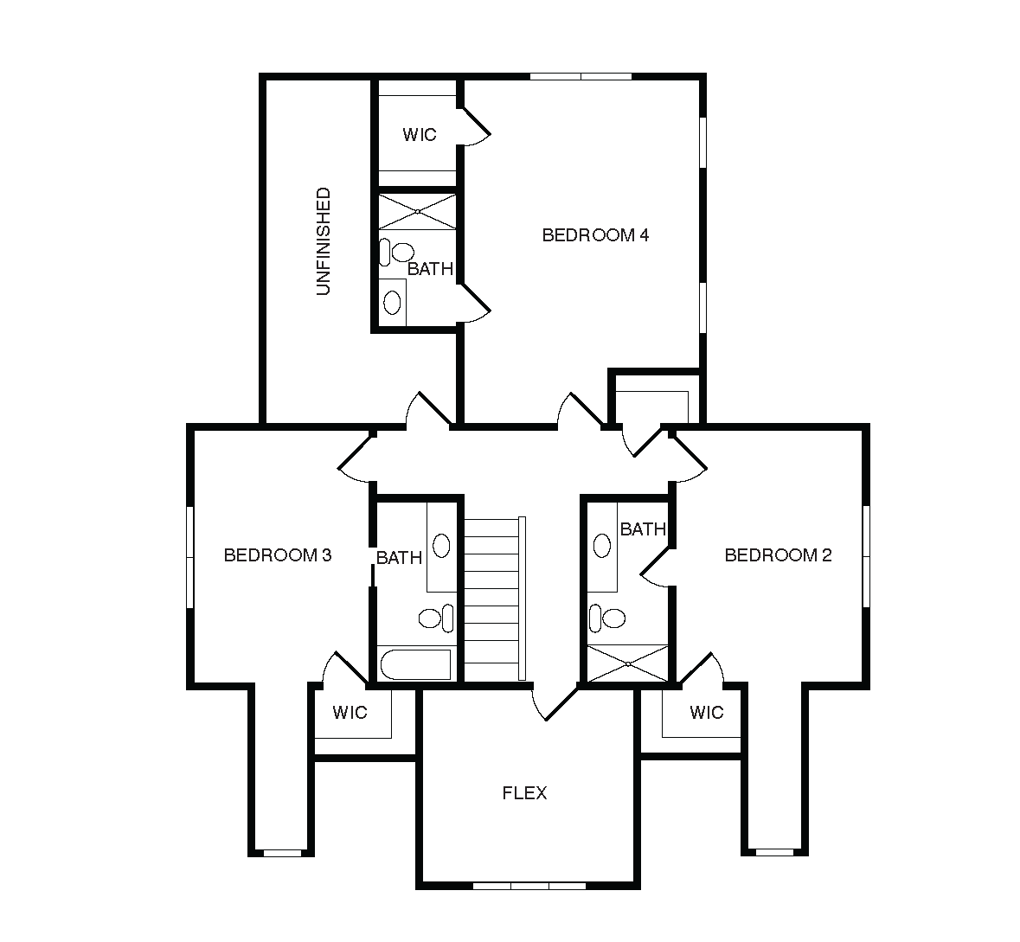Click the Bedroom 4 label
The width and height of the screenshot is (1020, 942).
click(x=595, y=234)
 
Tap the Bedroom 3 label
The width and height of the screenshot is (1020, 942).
click(x=278, y=555)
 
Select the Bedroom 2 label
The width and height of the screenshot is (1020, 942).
click(x=778, y=555)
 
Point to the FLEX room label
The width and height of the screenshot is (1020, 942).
click(x=524, y=793)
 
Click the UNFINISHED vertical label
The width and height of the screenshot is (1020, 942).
click(x=324, y=241)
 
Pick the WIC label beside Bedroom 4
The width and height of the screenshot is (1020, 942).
click(x=419, y=135)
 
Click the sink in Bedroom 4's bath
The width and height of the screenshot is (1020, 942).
click(x=392, y=302)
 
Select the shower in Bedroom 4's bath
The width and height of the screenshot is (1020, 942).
click(x=418, y=211)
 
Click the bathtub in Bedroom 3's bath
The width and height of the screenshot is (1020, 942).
click(x=415, y=665)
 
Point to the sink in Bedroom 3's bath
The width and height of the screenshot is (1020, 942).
click(x=441, y=546)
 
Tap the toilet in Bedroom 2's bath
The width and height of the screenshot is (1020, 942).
click(x=607, y=618)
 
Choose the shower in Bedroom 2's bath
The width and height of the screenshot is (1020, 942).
click(x=628, y=663)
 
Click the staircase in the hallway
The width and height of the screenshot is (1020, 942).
click(x=494, y=599)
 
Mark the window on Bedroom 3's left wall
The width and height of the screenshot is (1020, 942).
click(x=190, y=558)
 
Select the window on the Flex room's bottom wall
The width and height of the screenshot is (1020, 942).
click(x=529, y=886)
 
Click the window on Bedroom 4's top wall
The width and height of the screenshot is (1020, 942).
click(x=581, y=77)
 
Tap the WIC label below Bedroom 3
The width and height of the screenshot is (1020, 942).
click(x=350, y=713)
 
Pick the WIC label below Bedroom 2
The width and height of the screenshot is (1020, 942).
click(x=707, y=713)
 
